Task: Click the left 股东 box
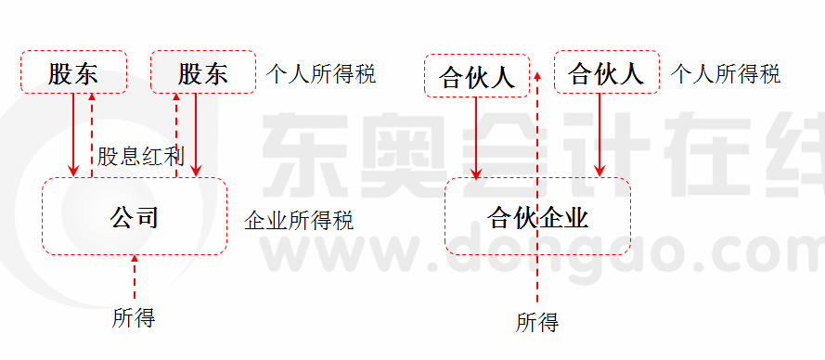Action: click(72, 72)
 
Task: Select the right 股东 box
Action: click(202, 72)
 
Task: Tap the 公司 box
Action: click(135, 216)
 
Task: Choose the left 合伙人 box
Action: click(476, 75)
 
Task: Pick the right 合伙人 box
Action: click(606, 72)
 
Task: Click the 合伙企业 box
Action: click(537, 217)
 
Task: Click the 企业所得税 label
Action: click(298, 221)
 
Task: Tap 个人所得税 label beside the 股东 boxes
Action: click(320, 74)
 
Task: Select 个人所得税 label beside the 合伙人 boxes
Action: click(725, 74)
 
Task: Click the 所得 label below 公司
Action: click(134, 318)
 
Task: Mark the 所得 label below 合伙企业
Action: click(537, 323)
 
